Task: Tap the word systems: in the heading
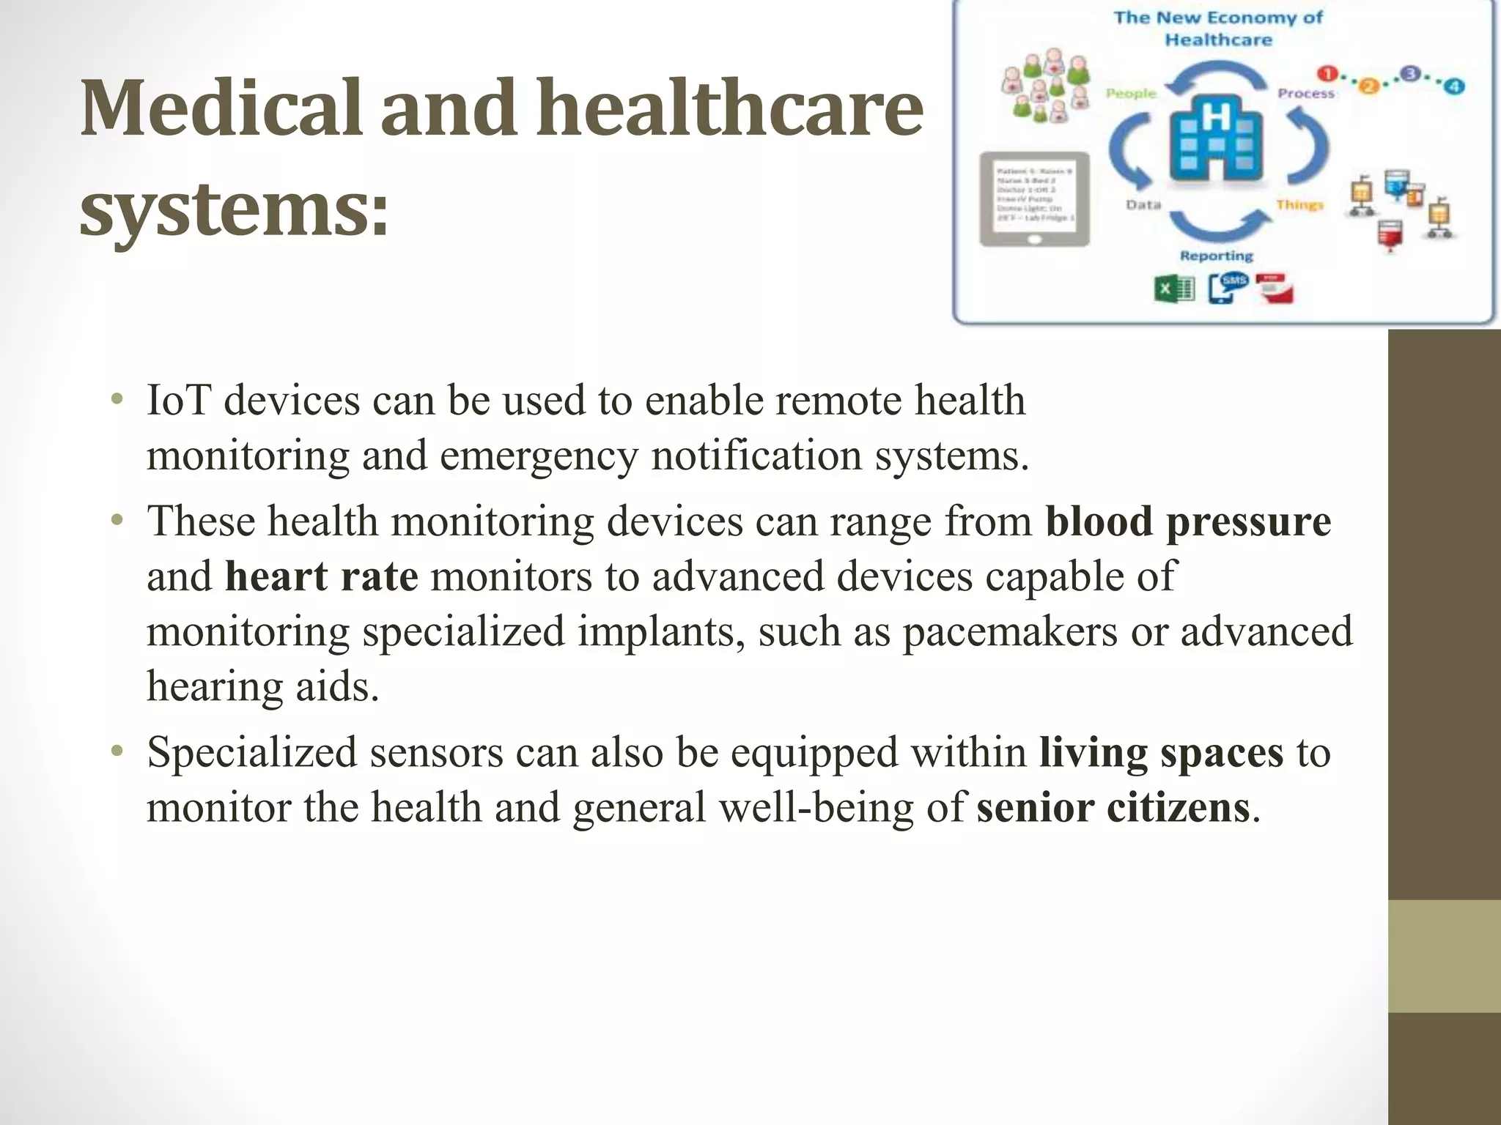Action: pos(233,210)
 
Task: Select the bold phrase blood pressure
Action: pos(1188,521)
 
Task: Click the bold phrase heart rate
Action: pos(321,576)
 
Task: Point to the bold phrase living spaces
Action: pos(1161,753)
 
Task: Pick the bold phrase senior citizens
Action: pos(1113,808)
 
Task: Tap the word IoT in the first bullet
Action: pos(178,401)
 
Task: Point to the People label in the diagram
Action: pos(1130,94)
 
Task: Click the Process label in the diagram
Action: pos(1306,94)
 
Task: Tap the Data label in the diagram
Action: pos(1143,205)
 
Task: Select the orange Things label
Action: pos(1299,205)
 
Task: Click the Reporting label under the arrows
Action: pos(1217,256)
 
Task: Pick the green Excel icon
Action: pos(1173,289)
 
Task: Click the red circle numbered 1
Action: pos(1327,74)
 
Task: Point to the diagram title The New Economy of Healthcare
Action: pos(1218,28)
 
